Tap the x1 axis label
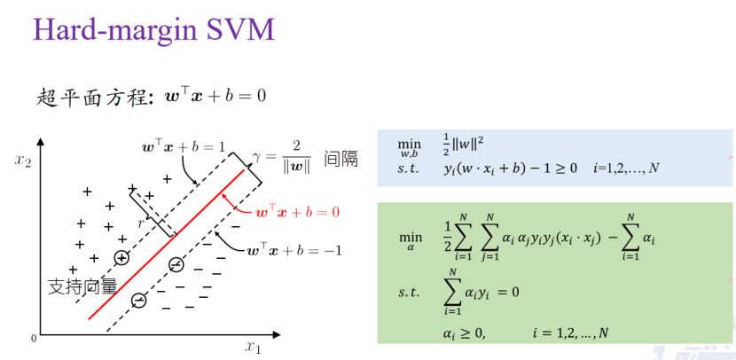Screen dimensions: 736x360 pyautogui.click(x=253, y=346)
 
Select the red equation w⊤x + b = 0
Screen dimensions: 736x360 pyautogui.click(x=297, y=213)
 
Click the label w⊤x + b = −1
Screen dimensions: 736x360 pyautogui.click(x=295, y=250)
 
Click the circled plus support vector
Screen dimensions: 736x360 pyautogui.click(x=121, y=257)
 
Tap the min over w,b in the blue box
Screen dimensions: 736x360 pyautogui.click(x=410, y=147)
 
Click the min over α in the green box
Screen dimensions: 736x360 pyautogui.click(x=410, y=241)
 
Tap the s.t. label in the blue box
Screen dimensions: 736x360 pyautogui.click(x=409, y=168)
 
